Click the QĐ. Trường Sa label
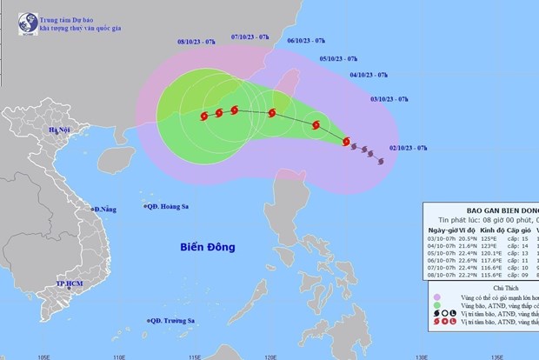174,320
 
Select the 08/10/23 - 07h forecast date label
198,40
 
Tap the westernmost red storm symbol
203,116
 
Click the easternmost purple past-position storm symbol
381,159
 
